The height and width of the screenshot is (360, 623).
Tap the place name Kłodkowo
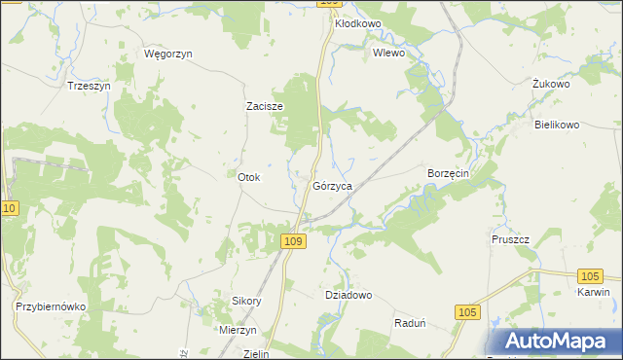pos(357,23)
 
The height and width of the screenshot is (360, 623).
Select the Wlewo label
pos(388,54)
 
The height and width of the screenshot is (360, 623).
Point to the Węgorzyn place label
pos(168,54)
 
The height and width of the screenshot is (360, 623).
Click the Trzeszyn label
pos(89,86)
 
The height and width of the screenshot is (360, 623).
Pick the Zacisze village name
pos(264,107)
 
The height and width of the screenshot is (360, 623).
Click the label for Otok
pos(249,177)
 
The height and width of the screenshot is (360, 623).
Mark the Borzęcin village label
pos(449,173)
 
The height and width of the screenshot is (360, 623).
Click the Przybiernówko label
pos(52,306)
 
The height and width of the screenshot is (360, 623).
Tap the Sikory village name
pos(246,301)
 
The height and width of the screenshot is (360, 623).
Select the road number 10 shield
pos(10,209)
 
